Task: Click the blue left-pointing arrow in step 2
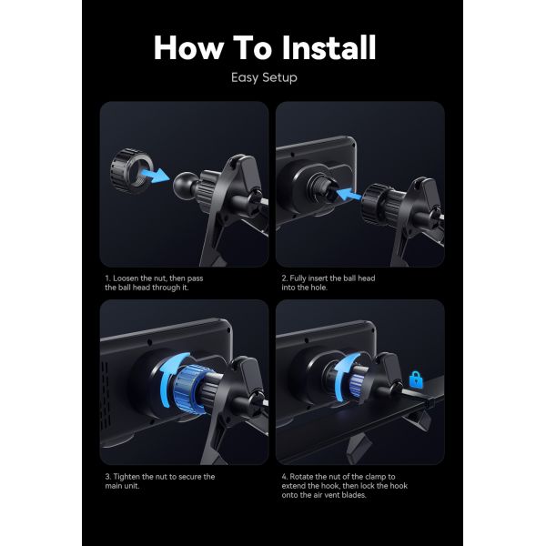coord(349,193)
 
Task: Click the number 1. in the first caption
coord(106,278)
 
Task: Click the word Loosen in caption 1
coord(126,278)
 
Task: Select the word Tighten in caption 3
coord(128,476)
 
